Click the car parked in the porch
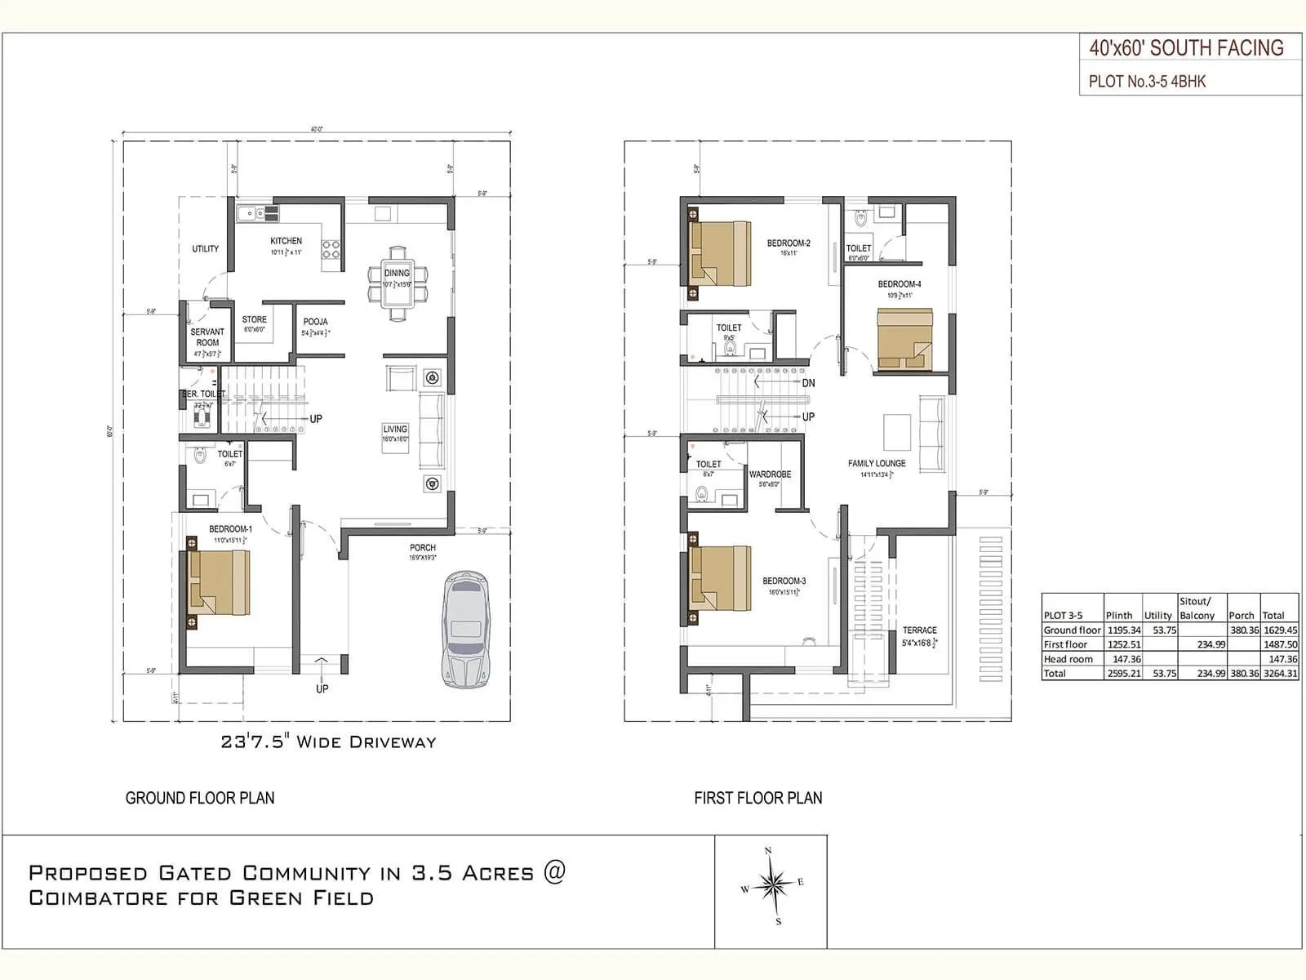(x=465, y=630)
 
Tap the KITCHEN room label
(x=287, y=241)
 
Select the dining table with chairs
(x=398, y=283)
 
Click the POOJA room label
(x=315, y=322)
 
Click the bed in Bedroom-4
(x=904, y=339)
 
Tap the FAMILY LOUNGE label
(x=877, y=463)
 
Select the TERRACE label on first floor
(x=920, y=630)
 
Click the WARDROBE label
(x=770, y=474)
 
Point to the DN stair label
(x=808, y=383)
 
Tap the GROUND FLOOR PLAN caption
(x=200, y=798)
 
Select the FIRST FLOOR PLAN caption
(x=758, y=798)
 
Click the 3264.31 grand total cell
(x=1280, y=674)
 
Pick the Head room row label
(x=1068, y=659)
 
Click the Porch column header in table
(x=1241, y=616)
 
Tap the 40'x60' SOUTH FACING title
(x=1186, y=48)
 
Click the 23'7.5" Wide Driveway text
(x=328, y=742)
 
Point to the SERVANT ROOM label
(x=207, y=337)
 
